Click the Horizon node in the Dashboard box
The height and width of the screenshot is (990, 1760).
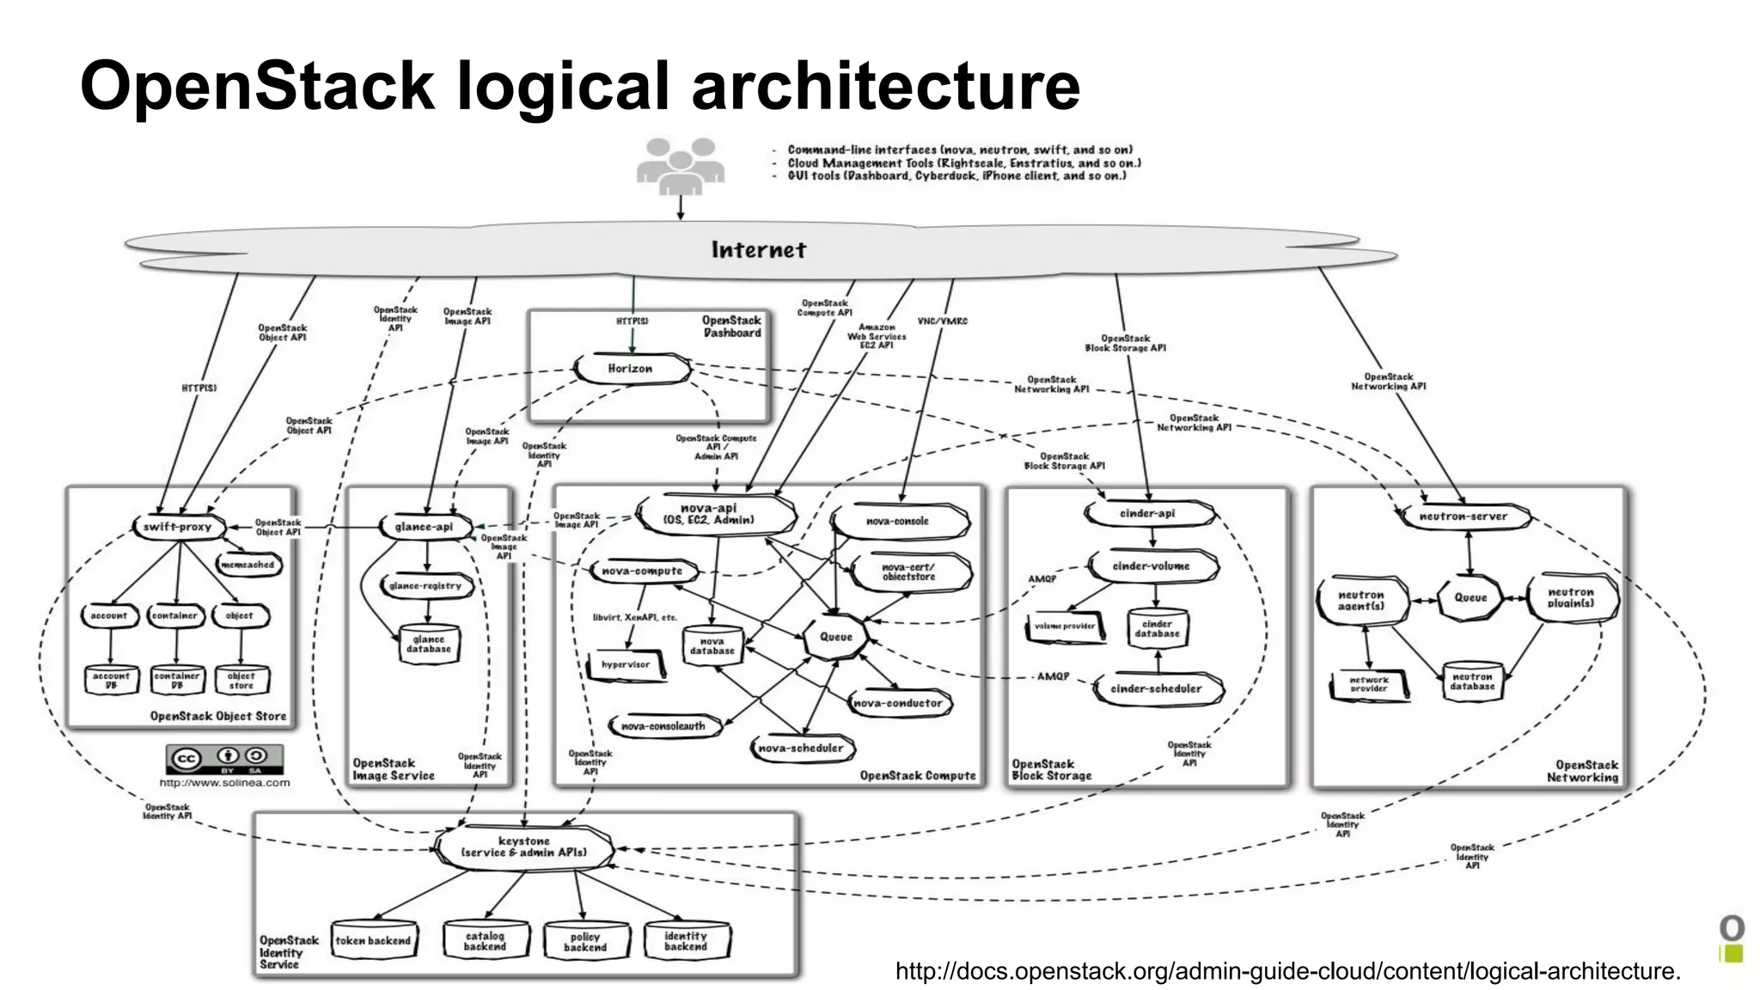632,369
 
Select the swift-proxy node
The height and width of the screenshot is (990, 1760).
178,527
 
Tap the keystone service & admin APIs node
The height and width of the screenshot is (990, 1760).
524,847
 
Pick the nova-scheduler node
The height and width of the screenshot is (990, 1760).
801,748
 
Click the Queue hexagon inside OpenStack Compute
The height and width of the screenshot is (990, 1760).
835,637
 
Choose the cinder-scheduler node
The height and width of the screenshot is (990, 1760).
1156,688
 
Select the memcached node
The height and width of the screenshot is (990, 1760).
247,565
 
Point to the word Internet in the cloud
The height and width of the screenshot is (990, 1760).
758,250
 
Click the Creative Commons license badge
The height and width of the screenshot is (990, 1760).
224,759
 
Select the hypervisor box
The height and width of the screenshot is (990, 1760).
626,665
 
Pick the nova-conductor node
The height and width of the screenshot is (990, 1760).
898,703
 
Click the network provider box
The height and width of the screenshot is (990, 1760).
1368,685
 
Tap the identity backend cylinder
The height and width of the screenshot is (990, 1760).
686,941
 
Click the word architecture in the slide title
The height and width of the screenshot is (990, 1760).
885,86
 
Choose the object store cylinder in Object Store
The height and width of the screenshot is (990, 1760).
241,681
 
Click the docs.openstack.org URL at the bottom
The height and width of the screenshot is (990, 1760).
1286,971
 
